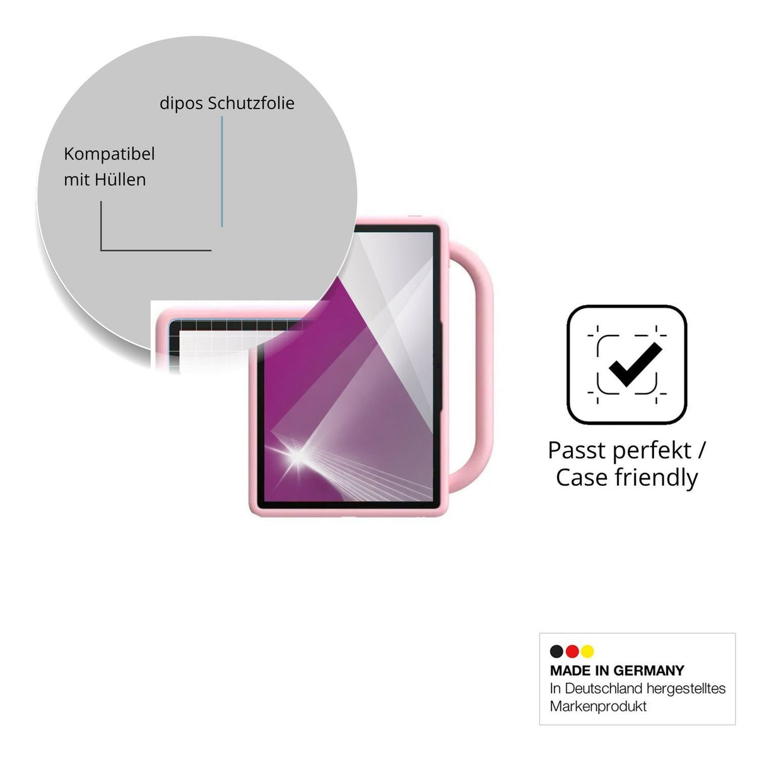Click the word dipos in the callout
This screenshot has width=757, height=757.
click(x=181, y=103)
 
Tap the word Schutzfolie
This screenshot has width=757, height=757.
click(x=251, y=103)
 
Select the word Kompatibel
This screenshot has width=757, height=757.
click(x=109, y=154)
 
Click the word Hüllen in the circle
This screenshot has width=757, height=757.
click(x=120, y=180)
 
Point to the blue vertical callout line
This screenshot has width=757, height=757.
click(x=222, y=172)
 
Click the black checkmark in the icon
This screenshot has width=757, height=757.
click(x=635, y=365)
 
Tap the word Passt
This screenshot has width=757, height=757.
click(x=577, y=450)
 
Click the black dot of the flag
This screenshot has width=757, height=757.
click(x=556, y=651)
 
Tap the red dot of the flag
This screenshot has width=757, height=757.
click(x=572, y=651)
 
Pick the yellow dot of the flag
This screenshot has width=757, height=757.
click(x=587, y=651)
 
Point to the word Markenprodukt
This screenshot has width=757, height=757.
click(x=598, y=707)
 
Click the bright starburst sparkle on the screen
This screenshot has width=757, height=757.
click(x=298, y=455)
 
